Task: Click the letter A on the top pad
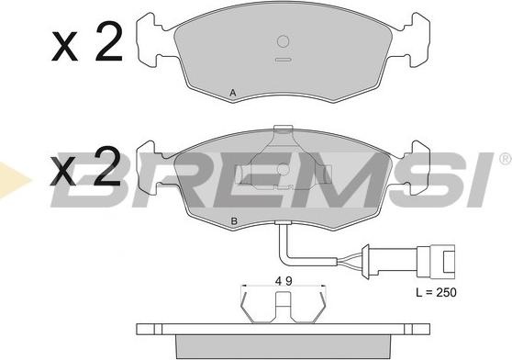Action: (x=233, y=93)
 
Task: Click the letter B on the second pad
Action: (x=234, y=221)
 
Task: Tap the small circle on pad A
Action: (x=283, y=41)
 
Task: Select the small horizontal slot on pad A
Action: (x=283, y=60)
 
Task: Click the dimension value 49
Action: (x=284, y=281)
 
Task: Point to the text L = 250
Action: (x=436, y=292)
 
